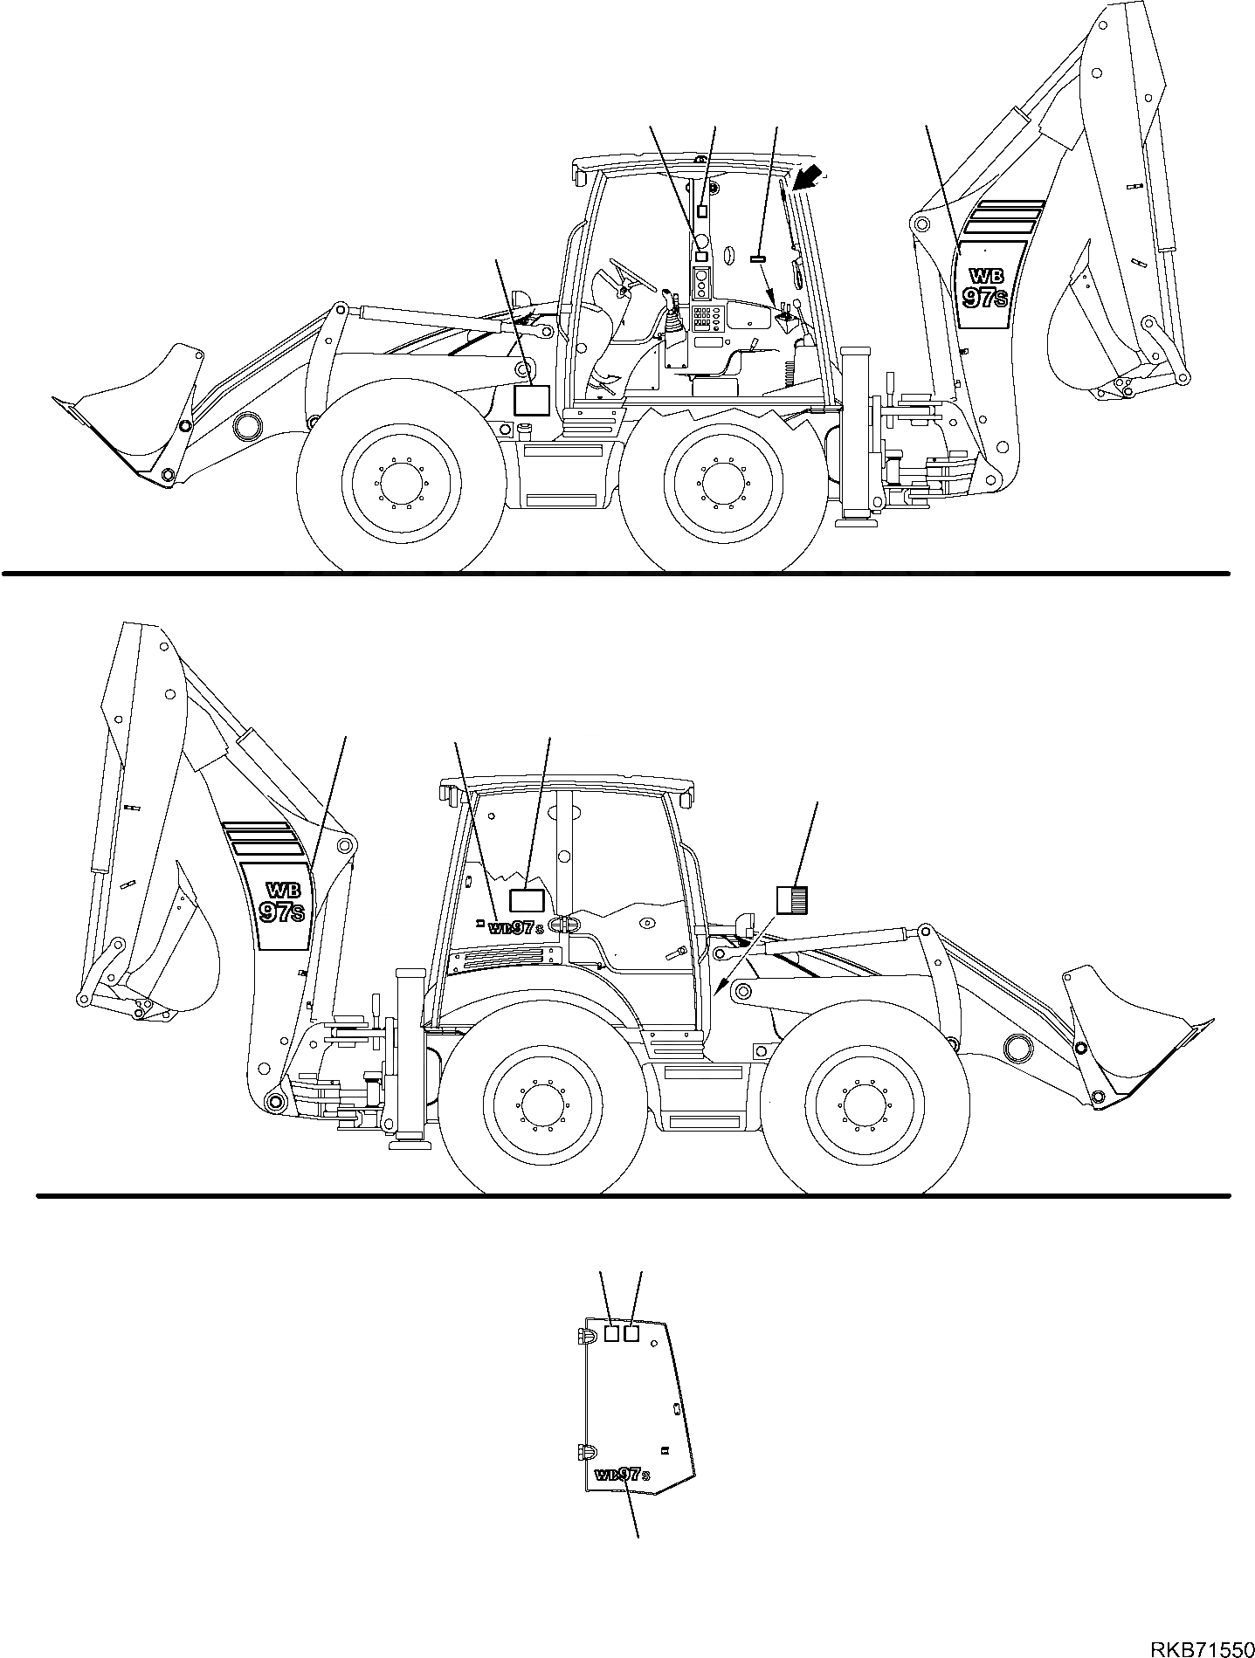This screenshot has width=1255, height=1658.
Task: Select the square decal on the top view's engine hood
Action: click(x=531, y=400)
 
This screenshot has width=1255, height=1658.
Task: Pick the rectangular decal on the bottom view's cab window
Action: click(x=527, y=902)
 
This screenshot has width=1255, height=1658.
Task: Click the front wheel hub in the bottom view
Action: click(x=864, y=1107)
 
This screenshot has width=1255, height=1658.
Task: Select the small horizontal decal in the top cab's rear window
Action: click(x=757, y=258)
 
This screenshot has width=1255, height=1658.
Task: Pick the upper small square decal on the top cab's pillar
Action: click(x=703, y=211)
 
